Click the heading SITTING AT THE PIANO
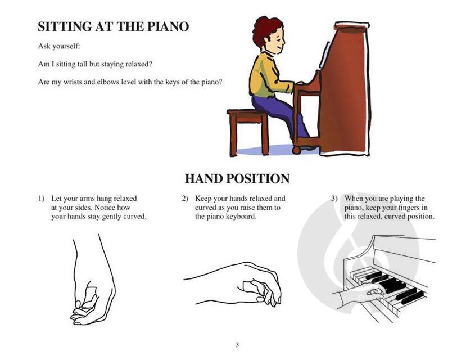pos(114,26)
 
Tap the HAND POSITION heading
pos(237,178)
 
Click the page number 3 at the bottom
pos(237,345)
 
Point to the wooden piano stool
pos(248,131)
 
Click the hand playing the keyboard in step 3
pos(360,295)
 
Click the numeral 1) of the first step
pos(41,199)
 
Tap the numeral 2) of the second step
pos(185,199)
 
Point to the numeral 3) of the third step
pos(334,199)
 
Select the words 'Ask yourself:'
pos(59,47)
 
